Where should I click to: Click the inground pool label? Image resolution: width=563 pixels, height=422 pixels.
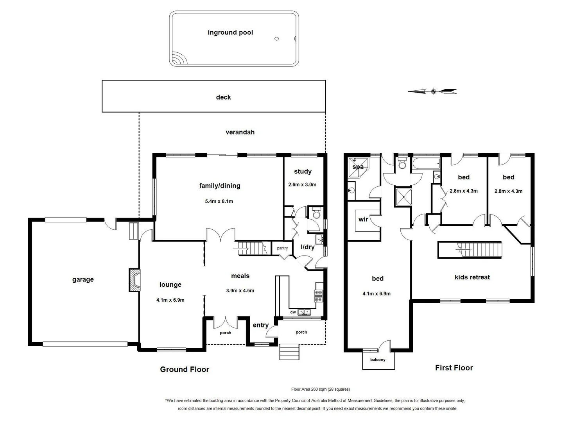click(230, 32)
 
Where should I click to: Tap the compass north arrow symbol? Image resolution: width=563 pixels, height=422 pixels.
click(433, 91)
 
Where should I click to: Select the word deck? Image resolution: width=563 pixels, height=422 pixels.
click(223, 97)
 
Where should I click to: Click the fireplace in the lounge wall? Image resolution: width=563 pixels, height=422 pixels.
click(134, 280)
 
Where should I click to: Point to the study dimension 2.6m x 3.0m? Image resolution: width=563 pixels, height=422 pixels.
click(302, 184)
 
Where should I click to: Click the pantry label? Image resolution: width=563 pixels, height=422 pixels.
click(282, 248)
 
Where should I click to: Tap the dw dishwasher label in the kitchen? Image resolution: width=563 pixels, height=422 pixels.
click(293, 312)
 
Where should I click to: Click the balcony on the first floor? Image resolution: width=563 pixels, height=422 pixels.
click(378, 360)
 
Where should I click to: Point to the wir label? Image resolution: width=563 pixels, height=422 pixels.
click(363, 219)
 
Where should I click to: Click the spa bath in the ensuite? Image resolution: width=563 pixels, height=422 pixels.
click(358, 167)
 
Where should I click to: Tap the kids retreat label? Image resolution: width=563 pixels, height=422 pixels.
click(472, 277)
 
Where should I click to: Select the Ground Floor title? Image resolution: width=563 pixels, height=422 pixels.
click(185, 369)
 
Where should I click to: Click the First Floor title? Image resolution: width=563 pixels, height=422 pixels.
click(454, 368)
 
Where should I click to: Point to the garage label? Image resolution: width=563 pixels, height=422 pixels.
click(83, 279)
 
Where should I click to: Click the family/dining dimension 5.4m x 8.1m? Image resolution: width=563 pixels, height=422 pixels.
click(219, 201)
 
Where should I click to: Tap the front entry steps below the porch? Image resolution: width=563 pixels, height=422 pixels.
click(289, 352)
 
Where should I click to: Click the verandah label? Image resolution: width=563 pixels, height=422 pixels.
click(240, 132)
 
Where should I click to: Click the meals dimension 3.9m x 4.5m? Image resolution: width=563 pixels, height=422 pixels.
click(240, 290)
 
